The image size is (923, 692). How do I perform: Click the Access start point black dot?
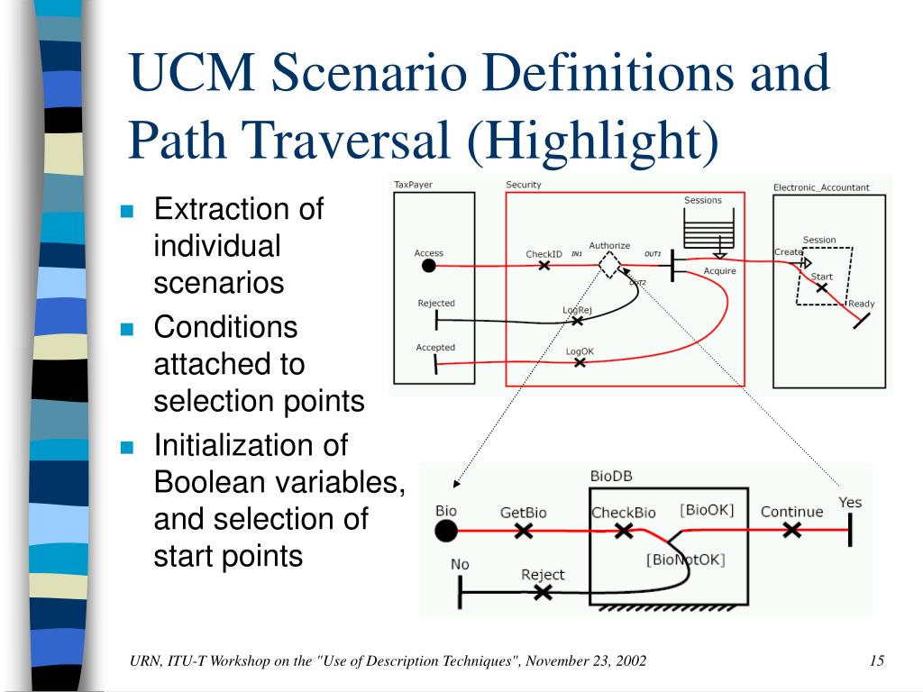(x=429, y=266)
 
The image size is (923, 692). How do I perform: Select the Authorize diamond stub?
(x=610, y=266)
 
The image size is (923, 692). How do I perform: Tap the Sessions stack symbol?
(x=702, y=234)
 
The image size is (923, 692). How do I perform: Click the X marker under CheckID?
(x=544, y=267)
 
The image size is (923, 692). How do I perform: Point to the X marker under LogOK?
(x=580, y=362)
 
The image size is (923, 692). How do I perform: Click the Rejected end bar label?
(x=436, y=304)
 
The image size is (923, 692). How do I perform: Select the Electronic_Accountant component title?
(x=821, y=187)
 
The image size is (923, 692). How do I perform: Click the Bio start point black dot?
(x=445, y=531)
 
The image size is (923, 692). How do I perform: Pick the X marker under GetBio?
(x=523, y=531)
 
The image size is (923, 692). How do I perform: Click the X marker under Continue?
(x=791, y=531)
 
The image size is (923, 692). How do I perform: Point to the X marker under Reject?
(x=543, y=592)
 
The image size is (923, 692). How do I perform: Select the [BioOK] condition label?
(x=707, y=510)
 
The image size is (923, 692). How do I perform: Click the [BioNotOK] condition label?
(x=685, y=560)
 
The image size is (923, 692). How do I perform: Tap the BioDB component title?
(x=611, y=476)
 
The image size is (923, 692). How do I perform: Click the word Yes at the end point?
(x=850, y=502)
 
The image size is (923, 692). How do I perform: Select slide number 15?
(x=876, y=661)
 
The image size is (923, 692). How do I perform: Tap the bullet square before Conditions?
(x=127, y=329)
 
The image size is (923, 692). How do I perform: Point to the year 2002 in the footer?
(x=630, y=661)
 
